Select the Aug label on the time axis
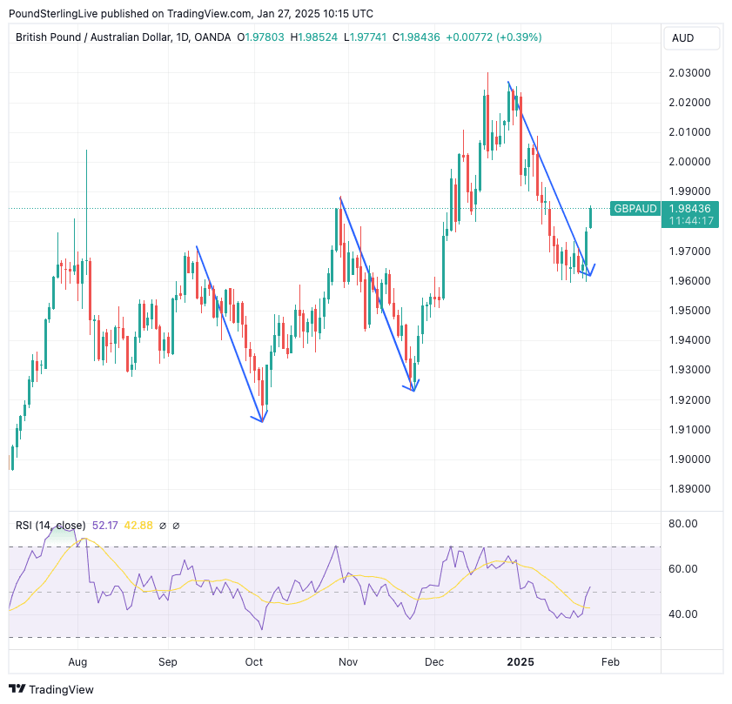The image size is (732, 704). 77,662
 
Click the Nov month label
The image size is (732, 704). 348,662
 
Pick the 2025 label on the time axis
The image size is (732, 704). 520,662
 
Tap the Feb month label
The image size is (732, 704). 610,662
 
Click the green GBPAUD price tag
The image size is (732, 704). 635,209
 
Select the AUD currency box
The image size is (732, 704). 683,38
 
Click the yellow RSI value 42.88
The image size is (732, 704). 139,526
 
